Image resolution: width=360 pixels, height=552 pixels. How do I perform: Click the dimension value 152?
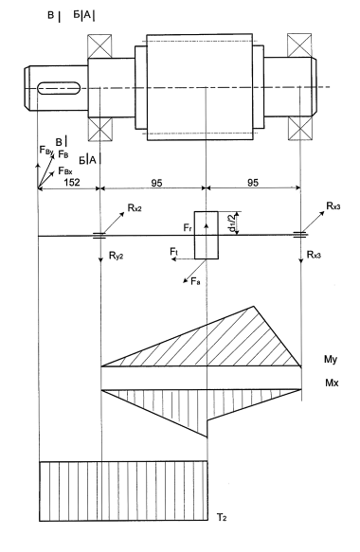pos(72,183)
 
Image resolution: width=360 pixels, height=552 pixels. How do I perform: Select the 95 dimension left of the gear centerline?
pos(156,183)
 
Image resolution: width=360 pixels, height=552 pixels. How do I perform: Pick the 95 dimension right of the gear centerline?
pos(253,183)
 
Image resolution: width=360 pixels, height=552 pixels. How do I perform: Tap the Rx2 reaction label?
pos(135,208)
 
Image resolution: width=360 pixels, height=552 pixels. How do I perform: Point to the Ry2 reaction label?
pos(116,256)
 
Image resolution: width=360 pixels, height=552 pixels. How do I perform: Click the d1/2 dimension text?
pos(233,223)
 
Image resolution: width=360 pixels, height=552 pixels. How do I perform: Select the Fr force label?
pos(188,228)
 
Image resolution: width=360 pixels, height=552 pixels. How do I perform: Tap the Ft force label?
pos(174,251)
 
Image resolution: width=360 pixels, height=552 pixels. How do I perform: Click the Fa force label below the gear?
pos(195,281)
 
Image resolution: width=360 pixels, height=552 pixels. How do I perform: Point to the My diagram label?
pos(331,360)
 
